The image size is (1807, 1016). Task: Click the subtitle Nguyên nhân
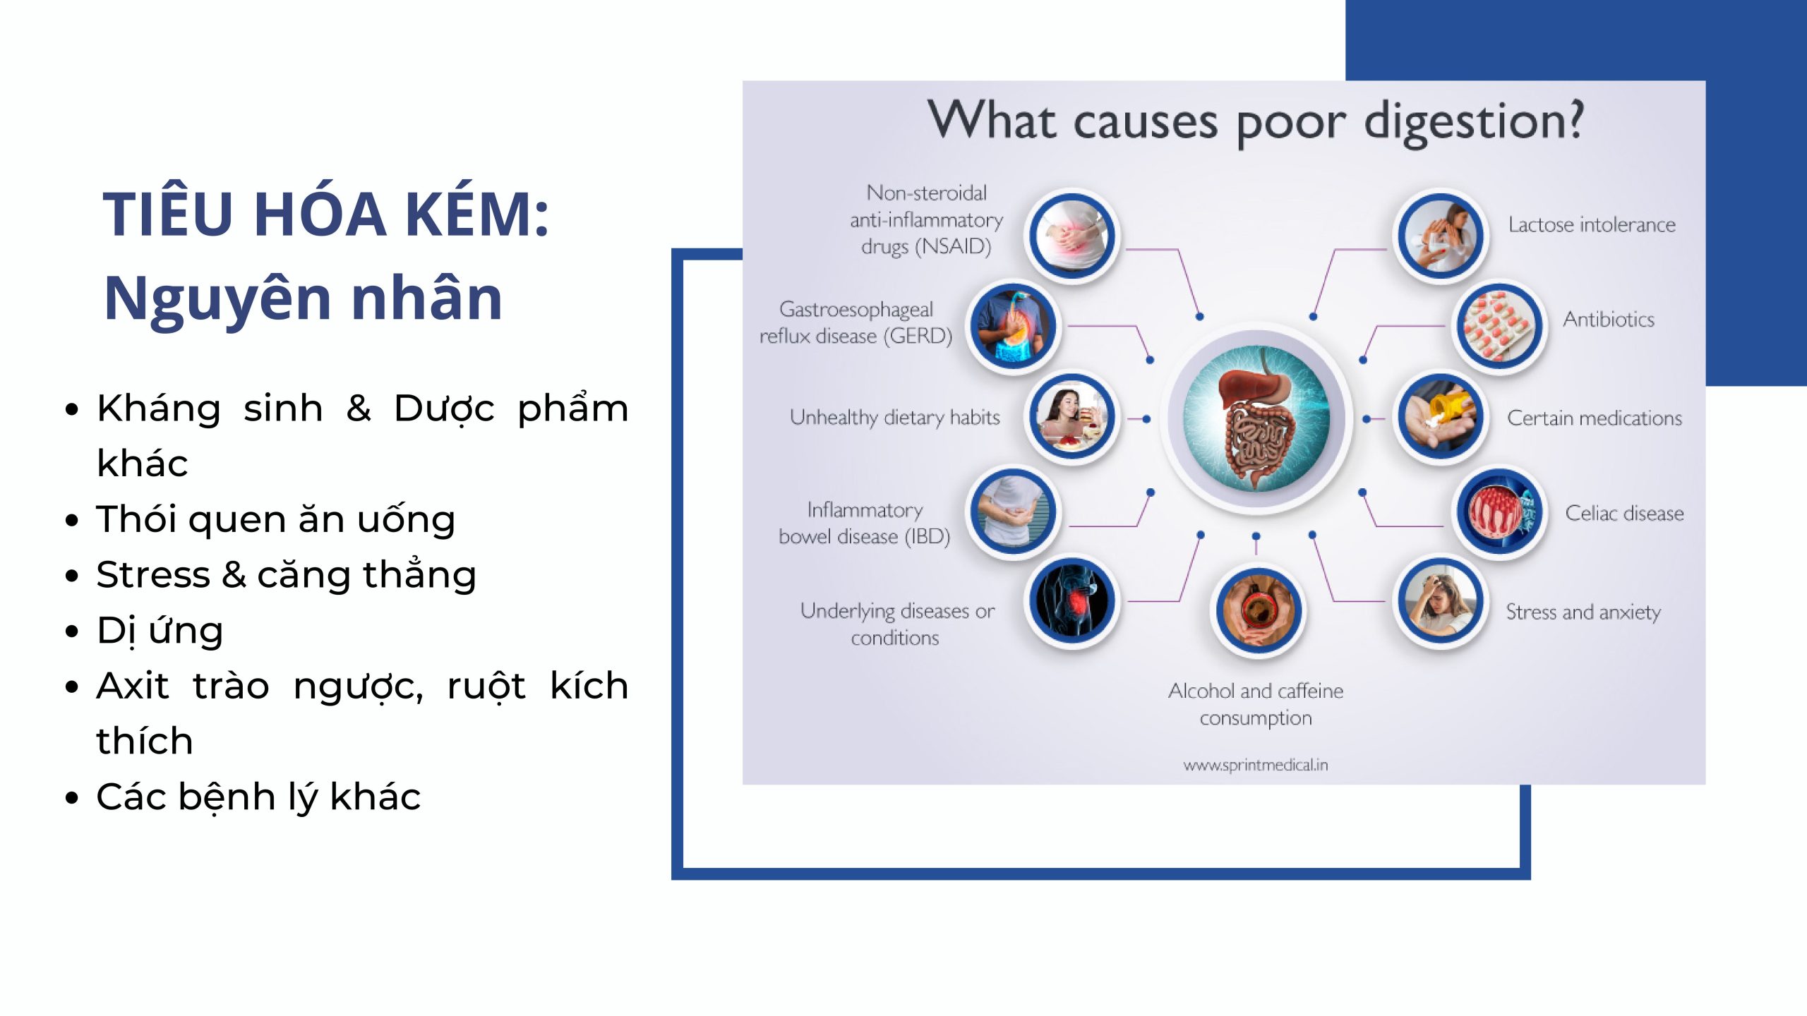304,298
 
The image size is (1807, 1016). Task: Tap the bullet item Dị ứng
160,630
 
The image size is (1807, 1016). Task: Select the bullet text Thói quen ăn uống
276,519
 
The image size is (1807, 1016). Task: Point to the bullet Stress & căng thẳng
287,574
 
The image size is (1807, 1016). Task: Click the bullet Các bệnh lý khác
258,797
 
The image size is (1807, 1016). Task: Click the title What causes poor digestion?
1256,121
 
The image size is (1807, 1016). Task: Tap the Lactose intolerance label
1592,225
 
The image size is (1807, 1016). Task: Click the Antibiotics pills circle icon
1499,327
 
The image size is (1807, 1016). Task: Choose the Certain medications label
1594,418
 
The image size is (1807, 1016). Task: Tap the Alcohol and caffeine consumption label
1256,704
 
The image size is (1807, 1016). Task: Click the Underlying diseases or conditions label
896,624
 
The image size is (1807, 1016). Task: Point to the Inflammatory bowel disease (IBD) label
864,523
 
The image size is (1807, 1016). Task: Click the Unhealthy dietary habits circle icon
1071,417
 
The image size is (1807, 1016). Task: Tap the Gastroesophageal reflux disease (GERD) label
856,322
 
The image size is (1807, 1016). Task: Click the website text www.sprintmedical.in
1256,765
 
